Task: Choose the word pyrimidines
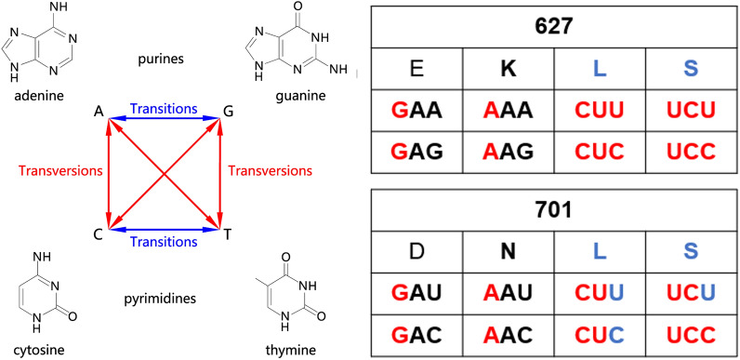[163, 300]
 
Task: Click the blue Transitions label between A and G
[163, 109]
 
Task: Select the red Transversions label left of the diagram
[55, 171]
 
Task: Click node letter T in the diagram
[224, 232]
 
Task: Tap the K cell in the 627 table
[508, 68]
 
